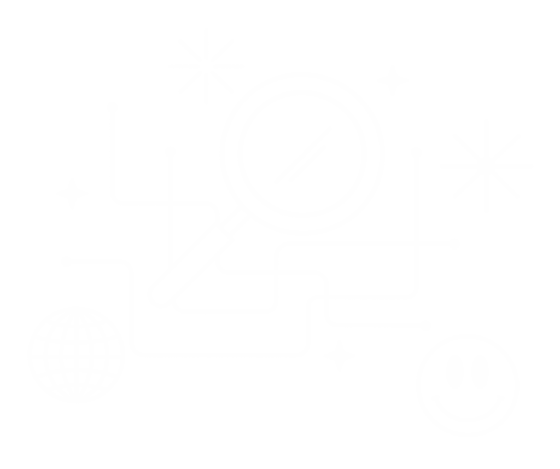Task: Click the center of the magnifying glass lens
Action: (x=302, y=154)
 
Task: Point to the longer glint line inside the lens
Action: (x=306, y=154)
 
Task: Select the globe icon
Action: (x=77, y=355)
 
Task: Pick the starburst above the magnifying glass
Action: (x=206, y=66)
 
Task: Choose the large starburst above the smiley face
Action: (x=484, y=165)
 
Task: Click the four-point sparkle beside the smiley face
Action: (x=339, y=356)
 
